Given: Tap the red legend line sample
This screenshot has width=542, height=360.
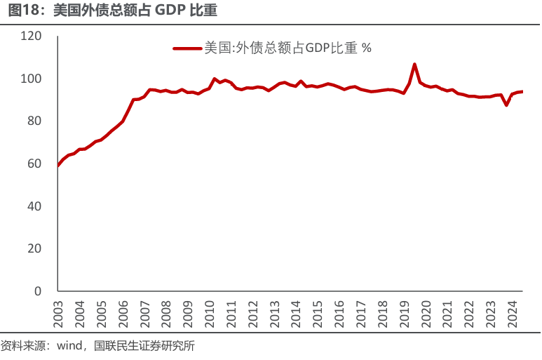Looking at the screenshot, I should coord(187,48).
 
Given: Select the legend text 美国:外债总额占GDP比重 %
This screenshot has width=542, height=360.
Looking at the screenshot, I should coord(287,48).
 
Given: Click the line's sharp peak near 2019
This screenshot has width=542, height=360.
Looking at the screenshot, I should coord(414,65).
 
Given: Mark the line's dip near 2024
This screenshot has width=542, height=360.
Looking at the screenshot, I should coord(506,105).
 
